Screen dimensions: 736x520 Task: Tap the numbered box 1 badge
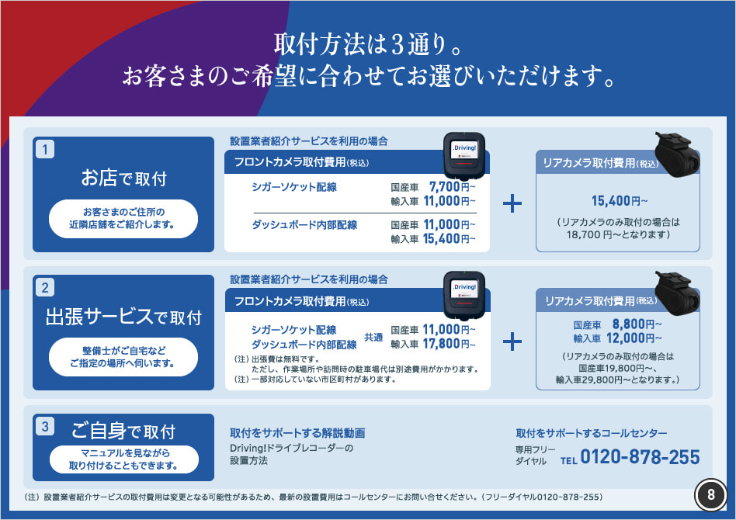coord(45,149)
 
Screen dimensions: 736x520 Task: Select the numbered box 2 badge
coord(45,287)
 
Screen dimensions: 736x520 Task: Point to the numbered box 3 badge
coord(45,426)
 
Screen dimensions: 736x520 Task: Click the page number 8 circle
coord(710,494)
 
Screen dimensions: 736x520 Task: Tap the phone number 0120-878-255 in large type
coord(640,456)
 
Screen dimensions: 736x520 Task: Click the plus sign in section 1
coord(512,203)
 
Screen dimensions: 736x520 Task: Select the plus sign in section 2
coord(512,341)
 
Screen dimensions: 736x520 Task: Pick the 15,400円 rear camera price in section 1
coord(619,201)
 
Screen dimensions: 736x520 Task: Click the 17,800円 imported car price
coord(449,344)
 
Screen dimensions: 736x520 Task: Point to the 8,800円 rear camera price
coord(637,324)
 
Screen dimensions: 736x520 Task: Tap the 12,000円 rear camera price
coord(634,338)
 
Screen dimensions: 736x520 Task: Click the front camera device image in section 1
coord(464,156)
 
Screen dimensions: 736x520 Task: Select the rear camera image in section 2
coord(677,293)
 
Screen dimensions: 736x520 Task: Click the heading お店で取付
coord(124,179)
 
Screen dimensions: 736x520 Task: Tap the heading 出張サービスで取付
coord(124,317)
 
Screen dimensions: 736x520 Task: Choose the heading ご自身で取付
coord(123,431)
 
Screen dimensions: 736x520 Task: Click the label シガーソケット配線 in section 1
coord(294,187)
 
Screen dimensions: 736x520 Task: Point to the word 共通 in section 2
coord(373,338)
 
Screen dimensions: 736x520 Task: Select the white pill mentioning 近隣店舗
coord(123,219)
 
